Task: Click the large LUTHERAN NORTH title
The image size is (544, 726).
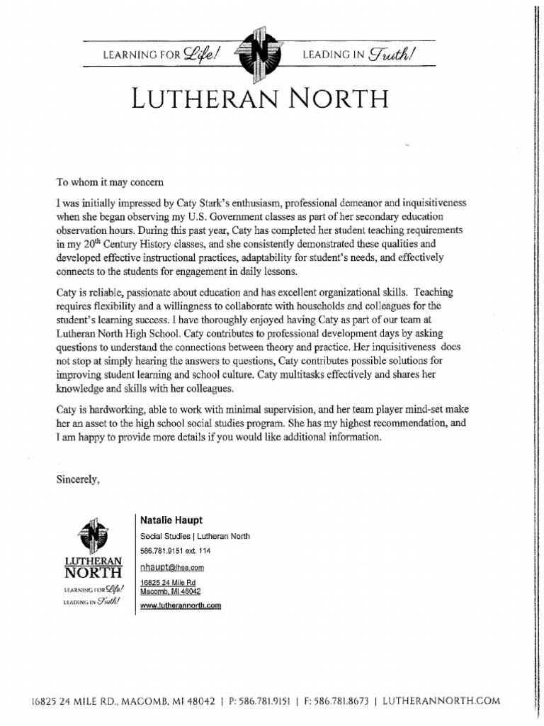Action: point(260,98)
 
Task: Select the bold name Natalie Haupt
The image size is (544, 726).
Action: point(171,521)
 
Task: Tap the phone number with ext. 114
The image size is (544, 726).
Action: point(176,551)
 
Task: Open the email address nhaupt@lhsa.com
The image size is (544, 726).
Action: point(172,567)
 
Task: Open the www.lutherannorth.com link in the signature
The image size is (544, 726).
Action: point(181,605)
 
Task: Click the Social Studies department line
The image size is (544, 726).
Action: point(195,536)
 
